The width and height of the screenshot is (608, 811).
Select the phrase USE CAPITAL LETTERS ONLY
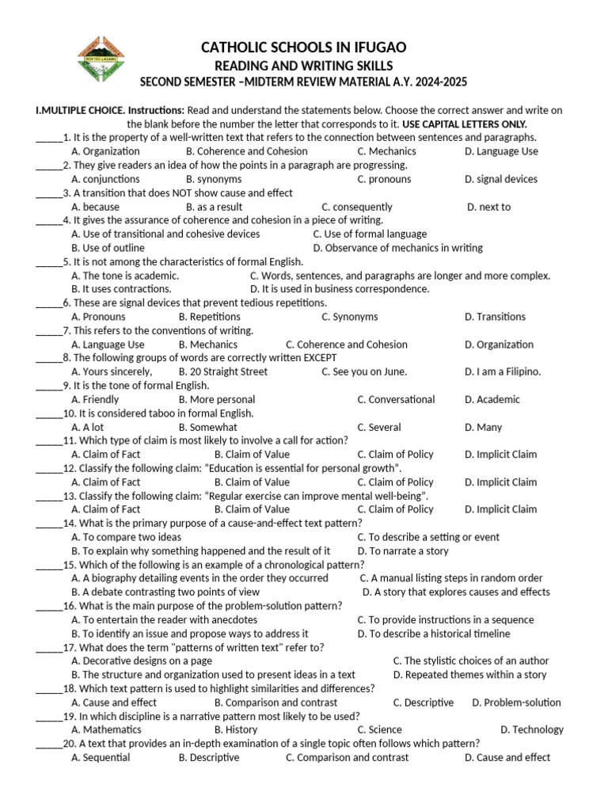464,124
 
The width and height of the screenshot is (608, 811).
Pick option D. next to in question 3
488,207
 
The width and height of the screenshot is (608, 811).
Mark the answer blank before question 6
48,304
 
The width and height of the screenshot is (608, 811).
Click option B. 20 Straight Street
223,371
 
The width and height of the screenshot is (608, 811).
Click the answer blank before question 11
48,442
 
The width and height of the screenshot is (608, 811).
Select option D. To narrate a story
402,550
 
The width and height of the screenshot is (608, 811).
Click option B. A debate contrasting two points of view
165,592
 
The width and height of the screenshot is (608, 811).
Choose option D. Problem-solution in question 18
516,702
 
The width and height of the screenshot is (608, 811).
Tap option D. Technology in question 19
531,729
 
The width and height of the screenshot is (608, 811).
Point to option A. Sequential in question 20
101,757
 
